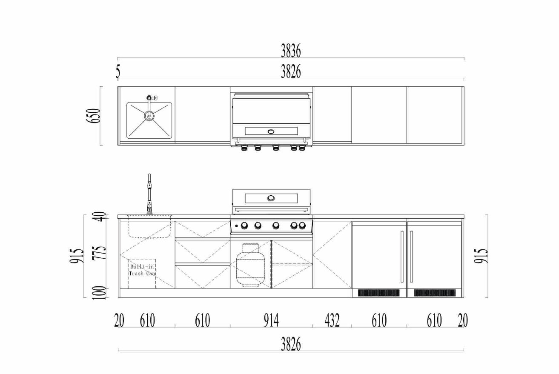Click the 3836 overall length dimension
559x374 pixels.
pos(291,51)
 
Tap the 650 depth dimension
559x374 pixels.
pos(93,115)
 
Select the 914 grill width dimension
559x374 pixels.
pos(271,320)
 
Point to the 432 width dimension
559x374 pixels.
pos(332,320)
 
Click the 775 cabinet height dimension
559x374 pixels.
pos(99,253)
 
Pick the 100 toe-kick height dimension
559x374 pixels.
pos(99,293)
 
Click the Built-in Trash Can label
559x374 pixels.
pos(142,270)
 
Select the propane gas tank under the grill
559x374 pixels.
pos(251,265)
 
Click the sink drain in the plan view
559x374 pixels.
pos(149,116)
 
